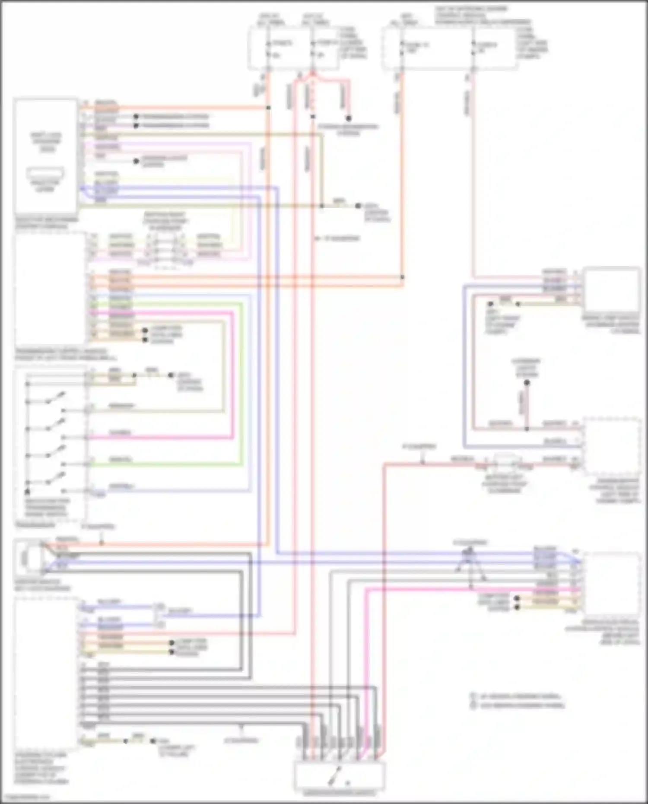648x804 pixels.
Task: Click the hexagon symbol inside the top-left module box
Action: pos(45,174)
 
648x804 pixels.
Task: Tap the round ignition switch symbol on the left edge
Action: pos(25,558)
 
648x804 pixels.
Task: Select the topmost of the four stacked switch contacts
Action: pos(55,398)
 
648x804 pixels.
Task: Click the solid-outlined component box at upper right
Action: pos(611,286)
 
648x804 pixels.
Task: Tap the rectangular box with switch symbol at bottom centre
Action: pos(340,776)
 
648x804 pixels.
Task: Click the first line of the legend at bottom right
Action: pos(516,696)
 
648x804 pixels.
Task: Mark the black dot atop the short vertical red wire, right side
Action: pos(527,382)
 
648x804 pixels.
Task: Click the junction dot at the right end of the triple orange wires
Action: pos(402,277)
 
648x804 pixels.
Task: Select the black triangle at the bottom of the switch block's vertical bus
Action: pos(27,491)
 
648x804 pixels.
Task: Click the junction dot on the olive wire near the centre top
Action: pos(322,206)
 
